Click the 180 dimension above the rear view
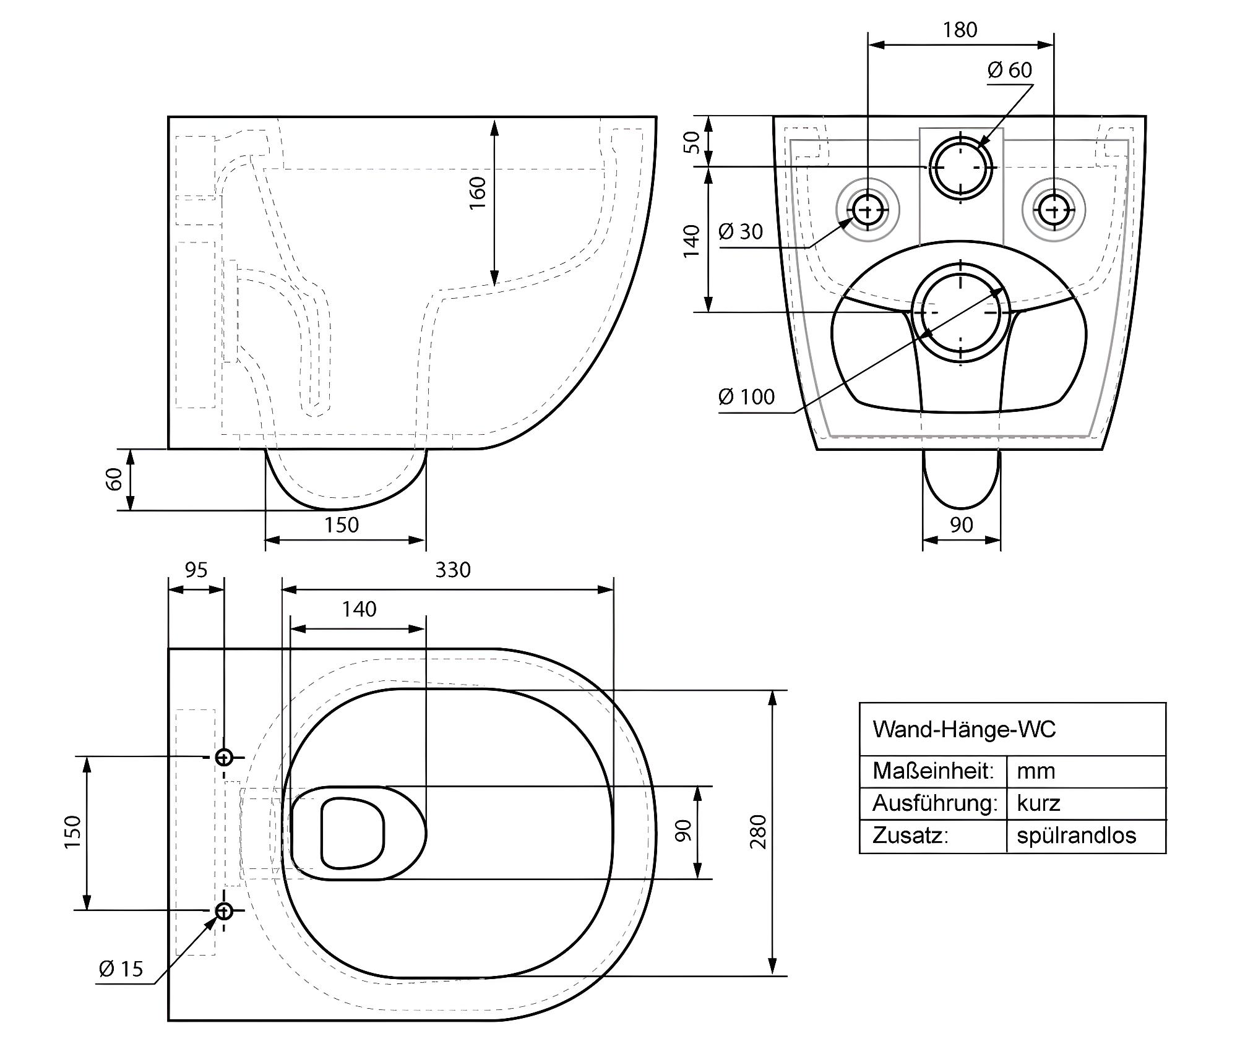(960, 30)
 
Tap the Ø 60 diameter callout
(1010, 70)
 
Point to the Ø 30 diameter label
(741, 232)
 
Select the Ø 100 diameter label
(746, 396)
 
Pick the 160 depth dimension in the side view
(478, 192)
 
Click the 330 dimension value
(453, 570)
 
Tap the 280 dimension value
(758, 832)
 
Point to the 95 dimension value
(196, 570)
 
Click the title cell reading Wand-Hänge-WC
(964, 730)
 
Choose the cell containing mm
(1036, 771)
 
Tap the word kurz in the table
(1039, 803)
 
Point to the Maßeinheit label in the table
(933, 771)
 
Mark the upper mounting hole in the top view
(224, 757)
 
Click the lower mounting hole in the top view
(224, 910)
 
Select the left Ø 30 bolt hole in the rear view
(868, 210)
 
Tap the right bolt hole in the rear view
(1053, 210)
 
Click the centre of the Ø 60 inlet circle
(960, 167)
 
